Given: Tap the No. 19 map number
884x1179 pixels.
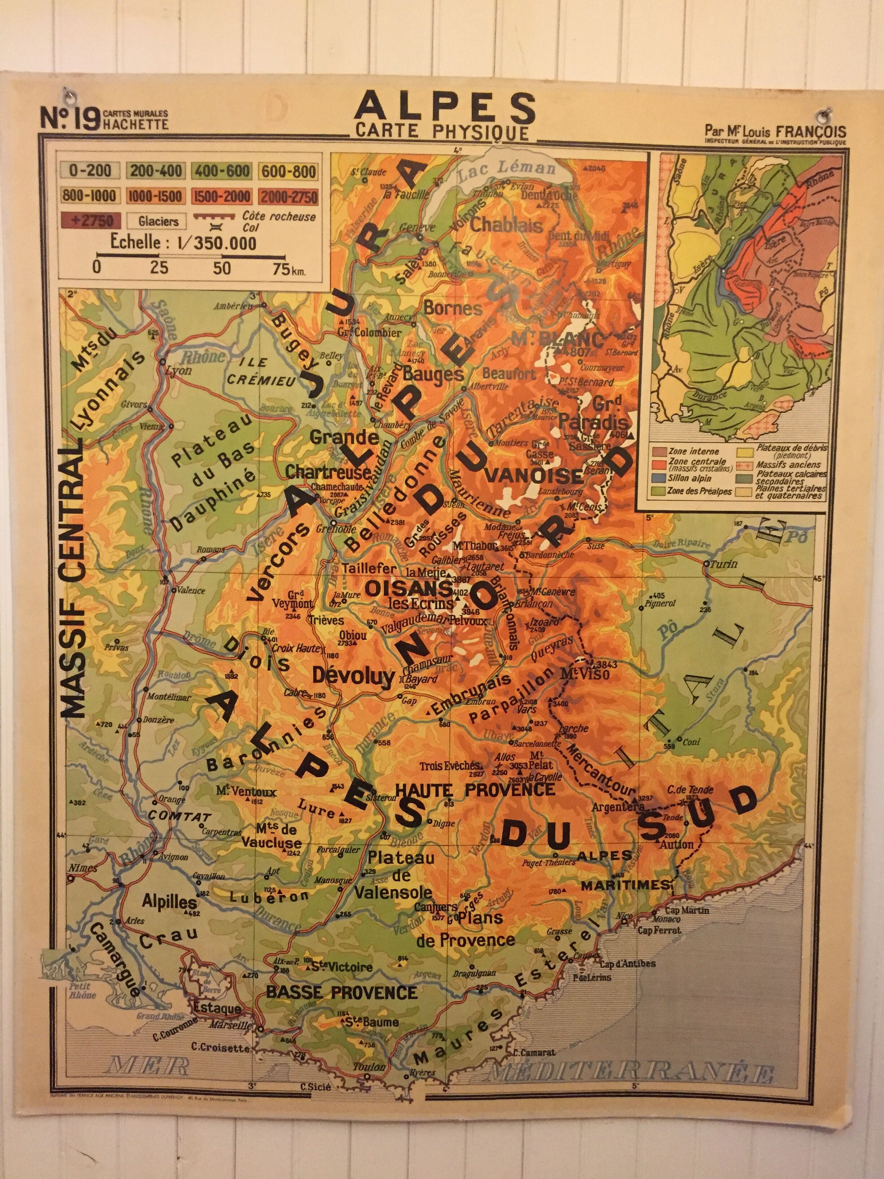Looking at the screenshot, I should (x=69, y=118).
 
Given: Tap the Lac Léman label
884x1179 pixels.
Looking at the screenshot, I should (x=506, y=169).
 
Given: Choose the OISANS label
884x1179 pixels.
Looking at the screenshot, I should (x=408, y=588).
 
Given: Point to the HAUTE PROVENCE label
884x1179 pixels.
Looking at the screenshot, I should (x=475, y=789).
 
